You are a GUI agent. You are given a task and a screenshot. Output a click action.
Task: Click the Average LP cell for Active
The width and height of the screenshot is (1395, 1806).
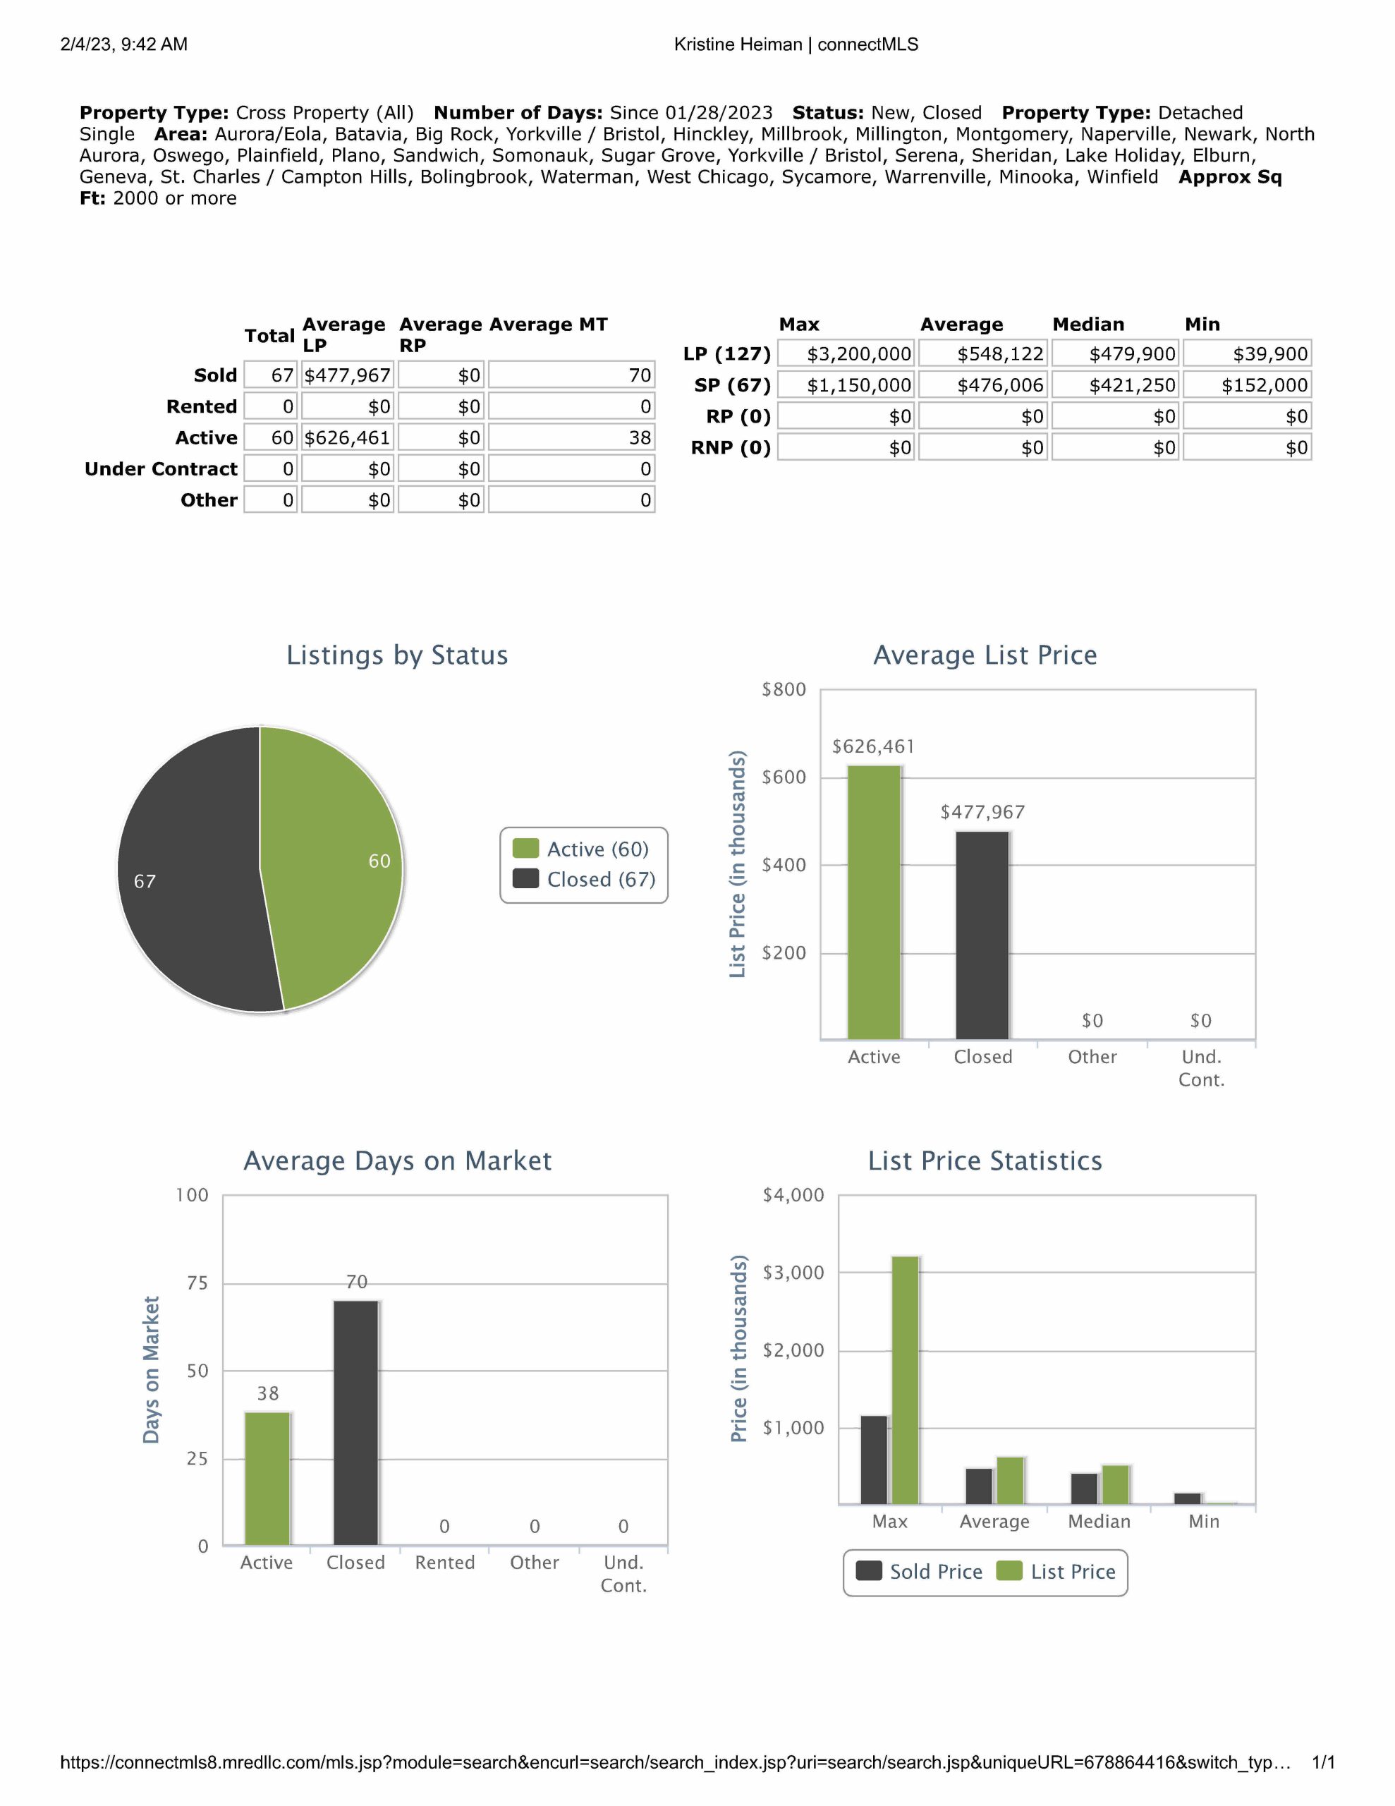[x=347, y=437]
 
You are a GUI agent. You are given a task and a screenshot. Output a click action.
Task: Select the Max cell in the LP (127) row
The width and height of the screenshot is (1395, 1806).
[x=846, y=354]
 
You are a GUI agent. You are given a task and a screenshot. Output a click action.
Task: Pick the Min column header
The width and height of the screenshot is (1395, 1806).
[x=1202, y=324]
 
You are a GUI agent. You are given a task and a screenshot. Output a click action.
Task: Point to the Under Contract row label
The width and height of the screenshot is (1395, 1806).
[x=162, y=469]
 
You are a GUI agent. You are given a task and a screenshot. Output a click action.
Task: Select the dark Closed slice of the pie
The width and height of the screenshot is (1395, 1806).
[x=190, y=873]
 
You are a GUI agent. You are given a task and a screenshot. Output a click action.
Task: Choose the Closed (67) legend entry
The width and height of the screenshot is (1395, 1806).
[x=584, y=879]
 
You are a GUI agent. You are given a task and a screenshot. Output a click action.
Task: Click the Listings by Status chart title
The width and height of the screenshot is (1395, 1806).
[x=397, y=655]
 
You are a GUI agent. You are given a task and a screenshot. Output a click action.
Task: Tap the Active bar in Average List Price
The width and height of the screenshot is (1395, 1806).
[x=874, y=902]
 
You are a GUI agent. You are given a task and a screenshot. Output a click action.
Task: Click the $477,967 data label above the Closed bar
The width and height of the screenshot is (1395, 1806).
[x=982, y=812]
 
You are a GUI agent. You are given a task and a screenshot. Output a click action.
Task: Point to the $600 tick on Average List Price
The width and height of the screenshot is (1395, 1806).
[x=784, y=777]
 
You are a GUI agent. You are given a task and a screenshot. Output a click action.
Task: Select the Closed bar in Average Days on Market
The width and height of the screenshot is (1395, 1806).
[x=355, y=1422]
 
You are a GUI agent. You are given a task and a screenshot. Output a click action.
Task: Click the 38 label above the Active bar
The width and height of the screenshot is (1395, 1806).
[x=267, y=1393]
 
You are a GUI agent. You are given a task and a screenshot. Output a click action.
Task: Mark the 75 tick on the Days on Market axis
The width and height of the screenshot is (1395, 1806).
[x=197, y=1283]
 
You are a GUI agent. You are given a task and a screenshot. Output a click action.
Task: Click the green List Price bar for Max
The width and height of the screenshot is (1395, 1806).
[x=906, y=1379]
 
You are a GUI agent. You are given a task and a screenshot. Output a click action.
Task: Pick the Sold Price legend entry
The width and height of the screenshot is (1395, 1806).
[x=919, y=1571]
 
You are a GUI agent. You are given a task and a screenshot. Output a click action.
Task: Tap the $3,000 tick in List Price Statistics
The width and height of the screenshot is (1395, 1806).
[x=793, y=1273]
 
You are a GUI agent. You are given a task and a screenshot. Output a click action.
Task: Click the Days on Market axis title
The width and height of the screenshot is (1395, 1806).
[x=150, y=1369]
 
